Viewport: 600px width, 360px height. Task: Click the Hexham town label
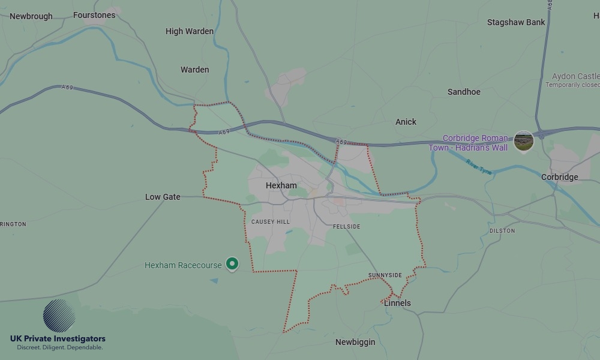coord(281,185)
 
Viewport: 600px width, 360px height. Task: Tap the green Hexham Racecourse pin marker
coord(232,263)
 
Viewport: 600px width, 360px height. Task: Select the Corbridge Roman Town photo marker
coord(524,141)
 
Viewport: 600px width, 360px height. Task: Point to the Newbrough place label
coord(31,16)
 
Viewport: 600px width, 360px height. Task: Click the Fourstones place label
coord(94,15)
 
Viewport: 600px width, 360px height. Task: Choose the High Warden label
coord(190,31)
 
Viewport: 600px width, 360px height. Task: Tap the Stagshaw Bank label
coord(516,22)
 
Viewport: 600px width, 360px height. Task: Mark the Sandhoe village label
coord(464,92)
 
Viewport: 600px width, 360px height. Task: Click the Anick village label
coord(406,122)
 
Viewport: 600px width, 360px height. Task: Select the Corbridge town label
coord(559,177)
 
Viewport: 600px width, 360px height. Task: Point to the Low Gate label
coord(163,197)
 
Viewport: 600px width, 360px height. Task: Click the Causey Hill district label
coord(270,222)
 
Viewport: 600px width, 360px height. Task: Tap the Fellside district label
coord(347,227)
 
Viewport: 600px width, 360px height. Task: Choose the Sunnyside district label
coord(385,275)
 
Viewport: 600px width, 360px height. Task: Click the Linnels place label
coord(397,303)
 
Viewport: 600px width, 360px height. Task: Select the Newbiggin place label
coord(355,342)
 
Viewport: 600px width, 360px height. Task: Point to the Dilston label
coord(502,230)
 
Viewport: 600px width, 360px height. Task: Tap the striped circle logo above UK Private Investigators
coord(59,316)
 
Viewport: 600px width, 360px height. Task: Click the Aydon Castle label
coord(575,76)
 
